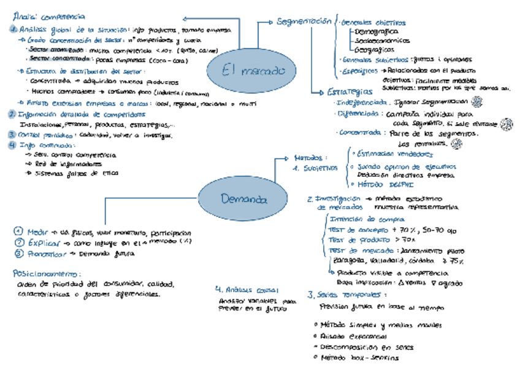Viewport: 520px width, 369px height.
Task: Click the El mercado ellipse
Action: click(245, 70)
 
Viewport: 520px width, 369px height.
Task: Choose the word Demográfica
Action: click(376, 31)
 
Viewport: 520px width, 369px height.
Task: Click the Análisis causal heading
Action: click(247, 290)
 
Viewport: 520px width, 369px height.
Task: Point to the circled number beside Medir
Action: click(19, 231)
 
